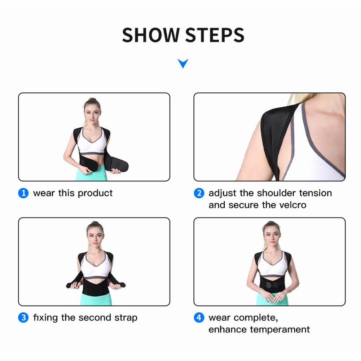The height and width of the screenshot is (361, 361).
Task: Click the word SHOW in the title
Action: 151,35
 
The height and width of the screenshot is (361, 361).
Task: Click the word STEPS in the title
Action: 215,35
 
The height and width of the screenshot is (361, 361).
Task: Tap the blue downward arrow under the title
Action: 183,64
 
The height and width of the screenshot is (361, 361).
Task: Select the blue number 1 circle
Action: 23,193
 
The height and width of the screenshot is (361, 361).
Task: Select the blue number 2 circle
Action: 199,193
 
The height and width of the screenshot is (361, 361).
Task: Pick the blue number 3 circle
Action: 23,318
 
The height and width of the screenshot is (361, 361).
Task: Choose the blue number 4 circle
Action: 199,318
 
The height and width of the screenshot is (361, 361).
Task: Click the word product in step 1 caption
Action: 95,193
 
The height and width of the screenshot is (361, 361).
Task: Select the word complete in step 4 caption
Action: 259,318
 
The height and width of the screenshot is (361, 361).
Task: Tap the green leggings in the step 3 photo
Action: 95,300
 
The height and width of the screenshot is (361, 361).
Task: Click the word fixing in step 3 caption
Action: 46,318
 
